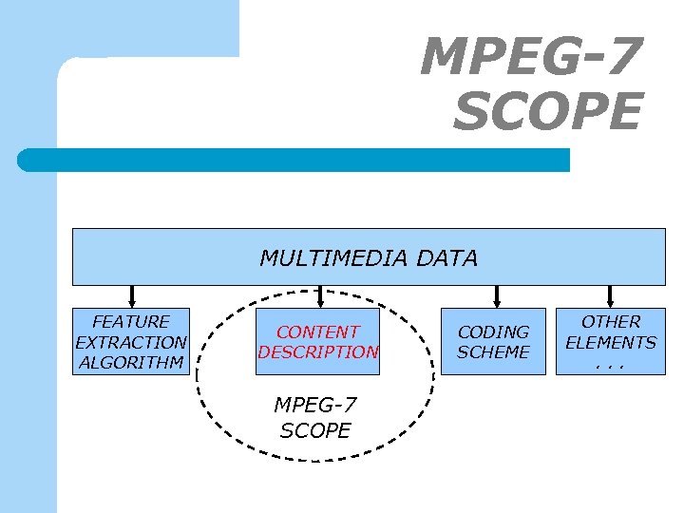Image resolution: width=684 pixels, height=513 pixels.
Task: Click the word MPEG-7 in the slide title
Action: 531,58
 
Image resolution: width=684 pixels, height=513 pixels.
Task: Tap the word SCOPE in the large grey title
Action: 547,113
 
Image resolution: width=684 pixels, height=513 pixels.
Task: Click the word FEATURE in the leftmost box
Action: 131,322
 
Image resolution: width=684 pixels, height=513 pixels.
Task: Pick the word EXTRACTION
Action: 131,342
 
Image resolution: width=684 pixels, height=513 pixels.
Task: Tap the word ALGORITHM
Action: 131,362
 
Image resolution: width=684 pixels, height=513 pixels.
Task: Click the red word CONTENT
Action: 317,332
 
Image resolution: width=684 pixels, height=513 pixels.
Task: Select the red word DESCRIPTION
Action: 317,351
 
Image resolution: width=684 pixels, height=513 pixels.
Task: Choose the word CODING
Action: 493,332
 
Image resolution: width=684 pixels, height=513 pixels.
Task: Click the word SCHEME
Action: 493,351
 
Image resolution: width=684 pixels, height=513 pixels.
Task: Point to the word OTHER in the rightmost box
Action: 611,322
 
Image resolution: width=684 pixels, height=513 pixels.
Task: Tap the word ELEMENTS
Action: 611,342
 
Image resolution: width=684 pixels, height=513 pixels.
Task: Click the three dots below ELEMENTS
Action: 611,364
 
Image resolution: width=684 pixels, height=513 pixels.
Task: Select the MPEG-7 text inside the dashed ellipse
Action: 315,405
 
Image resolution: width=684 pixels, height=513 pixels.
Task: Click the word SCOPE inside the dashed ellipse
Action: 315,430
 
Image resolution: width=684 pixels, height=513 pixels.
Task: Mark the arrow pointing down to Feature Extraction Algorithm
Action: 131,296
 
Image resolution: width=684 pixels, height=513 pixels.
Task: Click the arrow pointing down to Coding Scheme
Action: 496,296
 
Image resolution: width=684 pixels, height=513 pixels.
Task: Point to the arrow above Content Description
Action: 320,296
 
